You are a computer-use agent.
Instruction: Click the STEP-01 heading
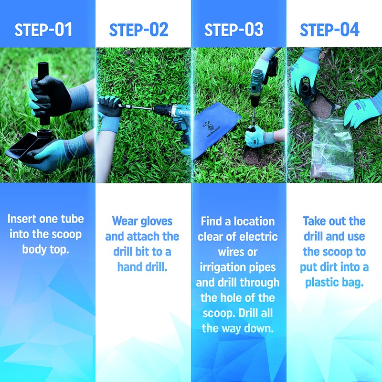(43, 30)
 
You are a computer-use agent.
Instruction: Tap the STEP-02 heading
(138, 30)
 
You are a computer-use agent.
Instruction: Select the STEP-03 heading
(233, 30)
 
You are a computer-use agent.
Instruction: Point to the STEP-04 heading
(329, 30)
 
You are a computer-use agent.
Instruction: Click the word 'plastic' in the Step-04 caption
(323, 282)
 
